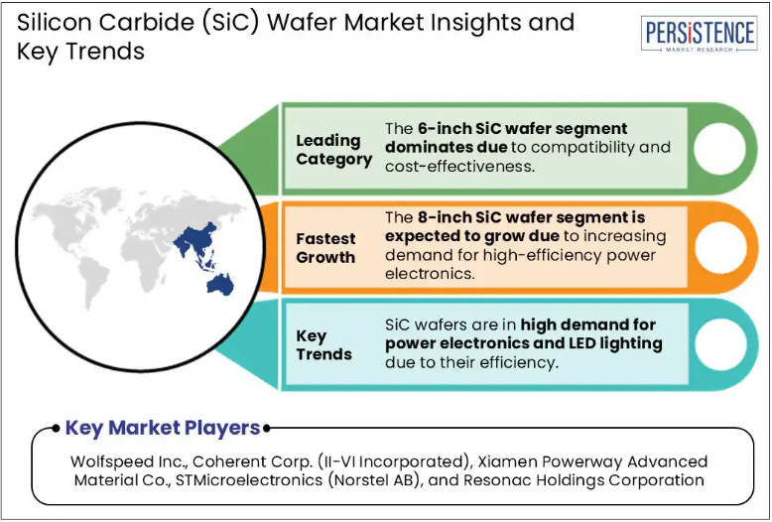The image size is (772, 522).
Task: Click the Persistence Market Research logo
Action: (700, 34)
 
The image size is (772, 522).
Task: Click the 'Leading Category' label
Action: (333, 150)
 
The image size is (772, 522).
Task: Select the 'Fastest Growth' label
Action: (325, 248)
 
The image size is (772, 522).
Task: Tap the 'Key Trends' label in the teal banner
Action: (323, 344)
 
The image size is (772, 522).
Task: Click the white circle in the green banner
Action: (719, 148)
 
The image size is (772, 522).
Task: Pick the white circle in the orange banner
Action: (720, 247)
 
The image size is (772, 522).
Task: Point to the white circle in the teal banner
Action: (720, 344)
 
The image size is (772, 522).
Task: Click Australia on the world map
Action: (219, 285)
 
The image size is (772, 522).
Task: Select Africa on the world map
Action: (142, 259)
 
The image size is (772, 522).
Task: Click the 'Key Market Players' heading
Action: (163, 428)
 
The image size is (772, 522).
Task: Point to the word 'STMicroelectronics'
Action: (249, 479)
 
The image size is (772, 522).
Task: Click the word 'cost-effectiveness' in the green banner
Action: (459, 167)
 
